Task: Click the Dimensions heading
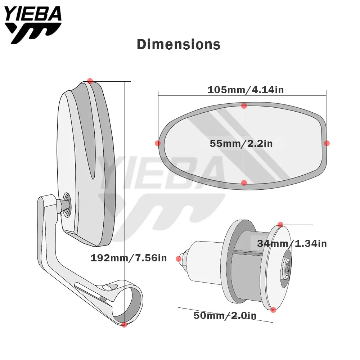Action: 179,44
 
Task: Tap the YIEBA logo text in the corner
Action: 33,15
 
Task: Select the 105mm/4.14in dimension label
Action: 245,90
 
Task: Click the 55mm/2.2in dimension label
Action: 241,144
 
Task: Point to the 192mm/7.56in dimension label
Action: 129,258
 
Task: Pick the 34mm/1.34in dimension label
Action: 292,244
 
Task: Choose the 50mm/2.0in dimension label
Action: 225,316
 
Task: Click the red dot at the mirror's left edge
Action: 158,143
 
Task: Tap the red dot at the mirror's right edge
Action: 327,143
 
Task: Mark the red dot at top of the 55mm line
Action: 244,106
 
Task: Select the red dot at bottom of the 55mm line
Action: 244,183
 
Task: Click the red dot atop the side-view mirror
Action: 90,81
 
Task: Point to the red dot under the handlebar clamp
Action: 124,324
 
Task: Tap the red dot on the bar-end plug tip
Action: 178,259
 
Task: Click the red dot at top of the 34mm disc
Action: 280,224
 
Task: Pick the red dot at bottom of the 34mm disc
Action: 273,310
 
